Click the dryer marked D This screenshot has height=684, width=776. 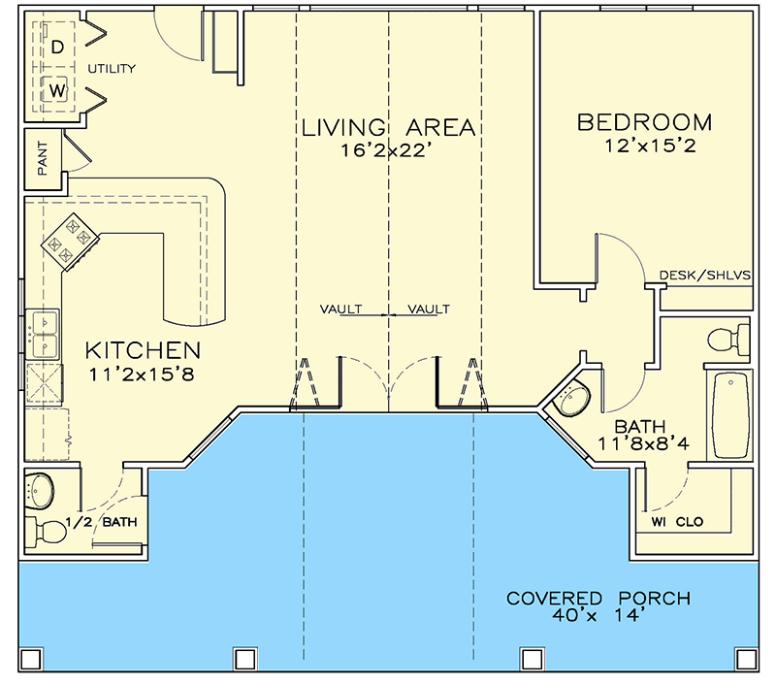57,46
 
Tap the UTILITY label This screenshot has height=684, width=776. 112,69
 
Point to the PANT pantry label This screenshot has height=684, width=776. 43,157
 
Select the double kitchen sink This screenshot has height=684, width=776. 44,331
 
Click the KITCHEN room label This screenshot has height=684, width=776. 143,349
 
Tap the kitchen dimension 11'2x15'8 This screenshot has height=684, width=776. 143,374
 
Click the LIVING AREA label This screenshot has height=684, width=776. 387,127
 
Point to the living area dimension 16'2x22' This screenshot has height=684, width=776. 387,150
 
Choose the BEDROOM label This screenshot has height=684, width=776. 644,122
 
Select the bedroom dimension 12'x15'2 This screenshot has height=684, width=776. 644,147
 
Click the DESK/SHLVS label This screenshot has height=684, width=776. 705,275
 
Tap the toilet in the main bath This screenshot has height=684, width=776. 729,340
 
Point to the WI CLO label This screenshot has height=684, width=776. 677,522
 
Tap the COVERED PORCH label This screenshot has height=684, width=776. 598,598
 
